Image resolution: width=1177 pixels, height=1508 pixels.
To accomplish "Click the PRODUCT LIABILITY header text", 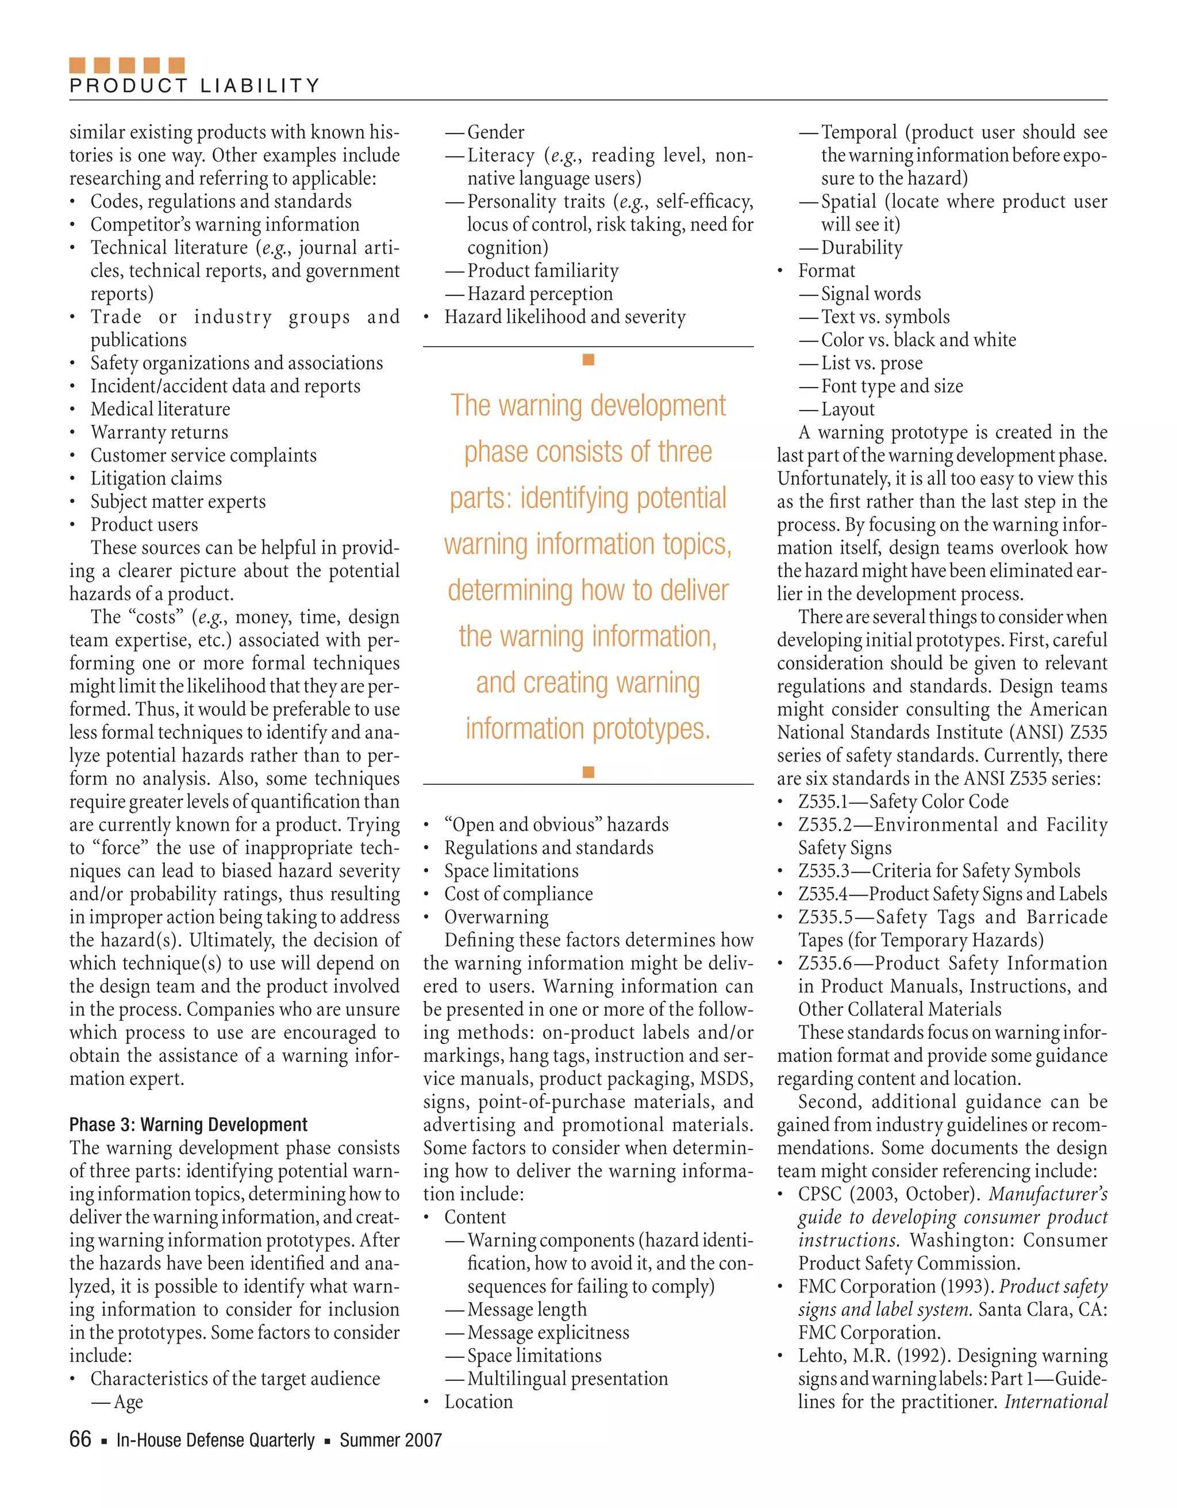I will (195, 86).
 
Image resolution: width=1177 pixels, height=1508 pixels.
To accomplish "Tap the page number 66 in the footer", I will (80, 1439).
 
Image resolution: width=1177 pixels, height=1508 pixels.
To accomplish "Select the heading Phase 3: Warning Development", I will (188, 1125).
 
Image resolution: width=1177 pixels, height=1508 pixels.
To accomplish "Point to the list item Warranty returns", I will (159, 432).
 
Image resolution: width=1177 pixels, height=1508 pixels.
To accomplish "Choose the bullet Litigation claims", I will (156, 478).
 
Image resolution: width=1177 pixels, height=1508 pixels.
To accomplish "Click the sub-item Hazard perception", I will (539, 293).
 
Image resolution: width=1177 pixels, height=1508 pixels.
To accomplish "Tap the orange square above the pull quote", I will (588, 360).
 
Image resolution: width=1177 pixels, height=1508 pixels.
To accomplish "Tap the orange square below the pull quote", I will (588, 772).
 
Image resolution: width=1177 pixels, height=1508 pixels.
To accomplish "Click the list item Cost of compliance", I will (518, 894).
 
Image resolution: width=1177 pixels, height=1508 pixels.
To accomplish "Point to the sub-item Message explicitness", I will (548, 1332).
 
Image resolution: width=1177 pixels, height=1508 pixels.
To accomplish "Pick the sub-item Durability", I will (861, 247).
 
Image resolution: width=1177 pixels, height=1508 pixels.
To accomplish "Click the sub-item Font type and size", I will (891, 386).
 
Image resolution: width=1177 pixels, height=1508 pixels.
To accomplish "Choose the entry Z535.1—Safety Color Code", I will (902, 801).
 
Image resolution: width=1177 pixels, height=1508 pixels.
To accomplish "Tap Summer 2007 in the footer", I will (390, 1440).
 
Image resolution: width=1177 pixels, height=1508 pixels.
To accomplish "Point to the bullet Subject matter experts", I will (178, 501).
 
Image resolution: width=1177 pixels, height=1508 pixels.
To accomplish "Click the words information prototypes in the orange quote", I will (587, 728).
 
